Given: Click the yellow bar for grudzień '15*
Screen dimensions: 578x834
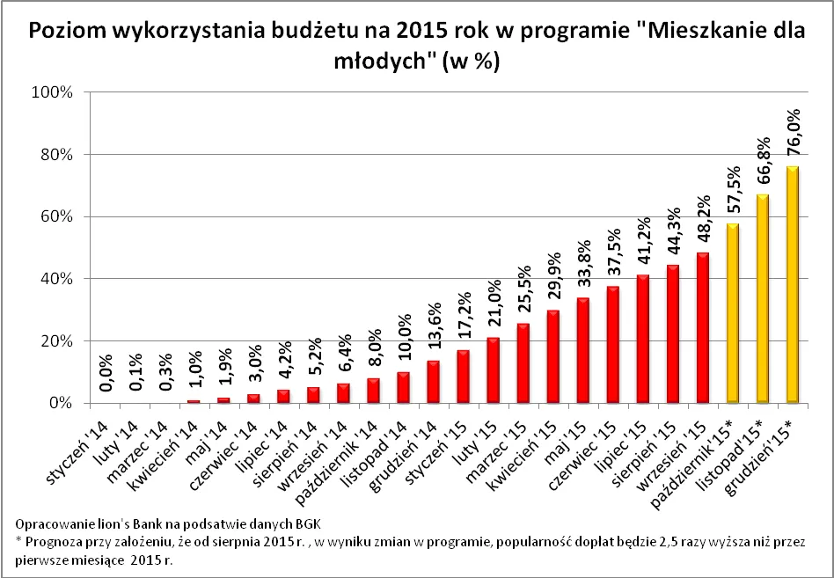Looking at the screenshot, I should click(794, 284).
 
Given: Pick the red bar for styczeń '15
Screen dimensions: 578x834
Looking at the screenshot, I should click(463, 377).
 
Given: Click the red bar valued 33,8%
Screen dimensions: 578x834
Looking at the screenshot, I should click(583, 350).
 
